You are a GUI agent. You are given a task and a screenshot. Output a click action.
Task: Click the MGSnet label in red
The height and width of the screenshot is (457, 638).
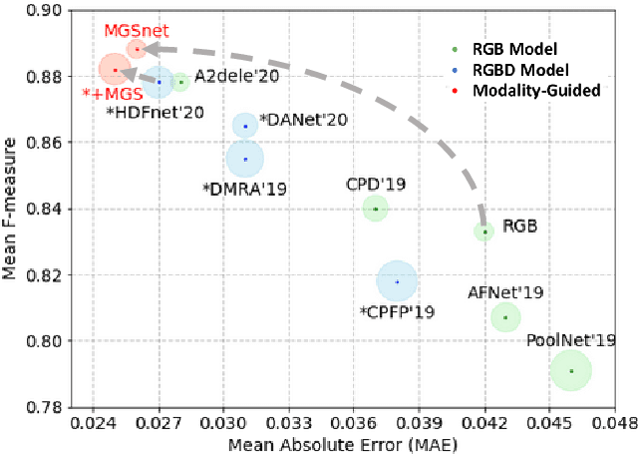tap(131, 31)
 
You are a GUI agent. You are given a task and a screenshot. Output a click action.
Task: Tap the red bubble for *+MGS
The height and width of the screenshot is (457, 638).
tap(116, 69)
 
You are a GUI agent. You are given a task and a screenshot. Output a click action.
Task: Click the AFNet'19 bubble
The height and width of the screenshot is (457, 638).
tap(505, 317)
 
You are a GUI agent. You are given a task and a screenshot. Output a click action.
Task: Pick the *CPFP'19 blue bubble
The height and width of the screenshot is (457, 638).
tap(397, 281)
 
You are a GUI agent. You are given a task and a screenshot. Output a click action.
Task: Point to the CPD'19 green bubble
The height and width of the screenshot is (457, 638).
tap(375, 209)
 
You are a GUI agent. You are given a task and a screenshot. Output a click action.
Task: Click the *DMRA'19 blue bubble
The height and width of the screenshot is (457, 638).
tap(245, 158)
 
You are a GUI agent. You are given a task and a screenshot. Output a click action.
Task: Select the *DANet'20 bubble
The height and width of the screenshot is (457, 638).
tap(245, 125)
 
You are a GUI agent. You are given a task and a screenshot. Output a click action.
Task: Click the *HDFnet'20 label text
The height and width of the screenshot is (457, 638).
tap(155, 113)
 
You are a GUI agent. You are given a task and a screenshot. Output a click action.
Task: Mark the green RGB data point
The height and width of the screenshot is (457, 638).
tap(484, 231)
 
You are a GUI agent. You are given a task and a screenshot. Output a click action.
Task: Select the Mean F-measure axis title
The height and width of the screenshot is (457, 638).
tap(12, 210)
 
